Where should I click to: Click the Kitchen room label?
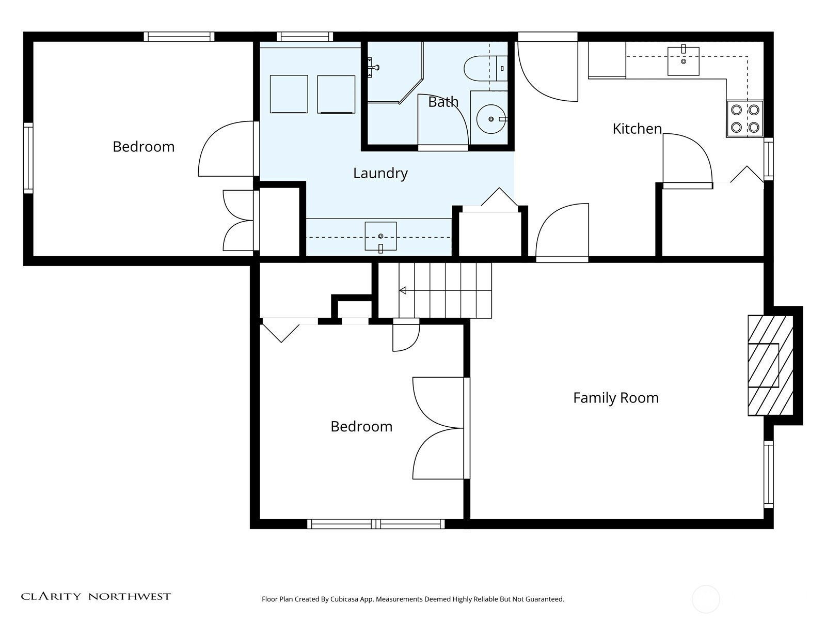pos(637,129)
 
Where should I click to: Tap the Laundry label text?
pos(380,174)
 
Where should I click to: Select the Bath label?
pos(443,102)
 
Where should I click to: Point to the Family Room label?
pos(616,398)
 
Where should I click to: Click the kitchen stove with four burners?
pos(745,119)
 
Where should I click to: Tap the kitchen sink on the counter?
pos(683,61)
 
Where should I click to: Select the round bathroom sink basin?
pos(491,119)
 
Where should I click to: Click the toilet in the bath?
pos(485,69)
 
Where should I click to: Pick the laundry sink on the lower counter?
pos(380,237)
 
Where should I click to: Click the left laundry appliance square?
pos(289,94)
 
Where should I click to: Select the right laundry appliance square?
pos(336,94)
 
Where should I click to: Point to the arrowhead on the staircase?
pos(403,290)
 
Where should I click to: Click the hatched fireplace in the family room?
pos(770,365)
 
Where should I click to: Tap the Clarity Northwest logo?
pos(96,596)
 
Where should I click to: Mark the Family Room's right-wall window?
pos(768,474)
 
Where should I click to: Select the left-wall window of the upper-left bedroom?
pos(28,158)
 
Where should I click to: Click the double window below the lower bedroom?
pos(376,523)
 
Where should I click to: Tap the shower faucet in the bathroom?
pos(373,67)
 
